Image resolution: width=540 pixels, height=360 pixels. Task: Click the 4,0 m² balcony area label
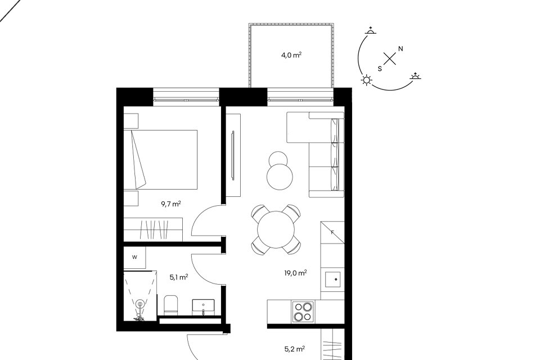(292, 55)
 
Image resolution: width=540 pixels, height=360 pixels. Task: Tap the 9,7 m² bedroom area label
(171, 204)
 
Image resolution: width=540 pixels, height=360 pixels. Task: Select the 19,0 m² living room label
(295, 273)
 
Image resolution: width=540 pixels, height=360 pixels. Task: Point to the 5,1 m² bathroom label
(179, 277)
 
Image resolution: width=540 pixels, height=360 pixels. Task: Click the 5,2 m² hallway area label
(295, 349)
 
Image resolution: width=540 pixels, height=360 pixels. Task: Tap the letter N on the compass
(400, 49)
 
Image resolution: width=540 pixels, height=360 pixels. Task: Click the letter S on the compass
(380, 69)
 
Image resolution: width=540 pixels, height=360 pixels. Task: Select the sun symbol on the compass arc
(366, 80)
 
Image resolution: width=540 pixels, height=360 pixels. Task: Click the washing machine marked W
(134, 257)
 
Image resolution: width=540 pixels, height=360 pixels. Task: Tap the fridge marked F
(332, 232)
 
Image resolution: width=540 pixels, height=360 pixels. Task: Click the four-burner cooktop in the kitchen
(303, 312)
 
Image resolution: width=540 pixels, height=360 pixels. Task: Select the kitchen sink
(332, 280)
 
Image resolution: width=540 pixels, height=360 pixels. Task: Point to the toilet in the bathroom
(170, 305)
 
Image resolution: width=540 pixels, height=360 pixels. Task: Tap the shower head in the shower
(140, 304)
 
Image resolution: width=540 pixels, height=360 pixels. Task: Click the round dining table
(276, 229)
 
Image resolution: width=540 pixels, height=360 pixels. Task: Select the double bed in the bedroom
(160, 160)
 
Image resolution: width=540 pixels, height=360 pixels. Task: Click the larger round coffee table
(280, 177)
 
